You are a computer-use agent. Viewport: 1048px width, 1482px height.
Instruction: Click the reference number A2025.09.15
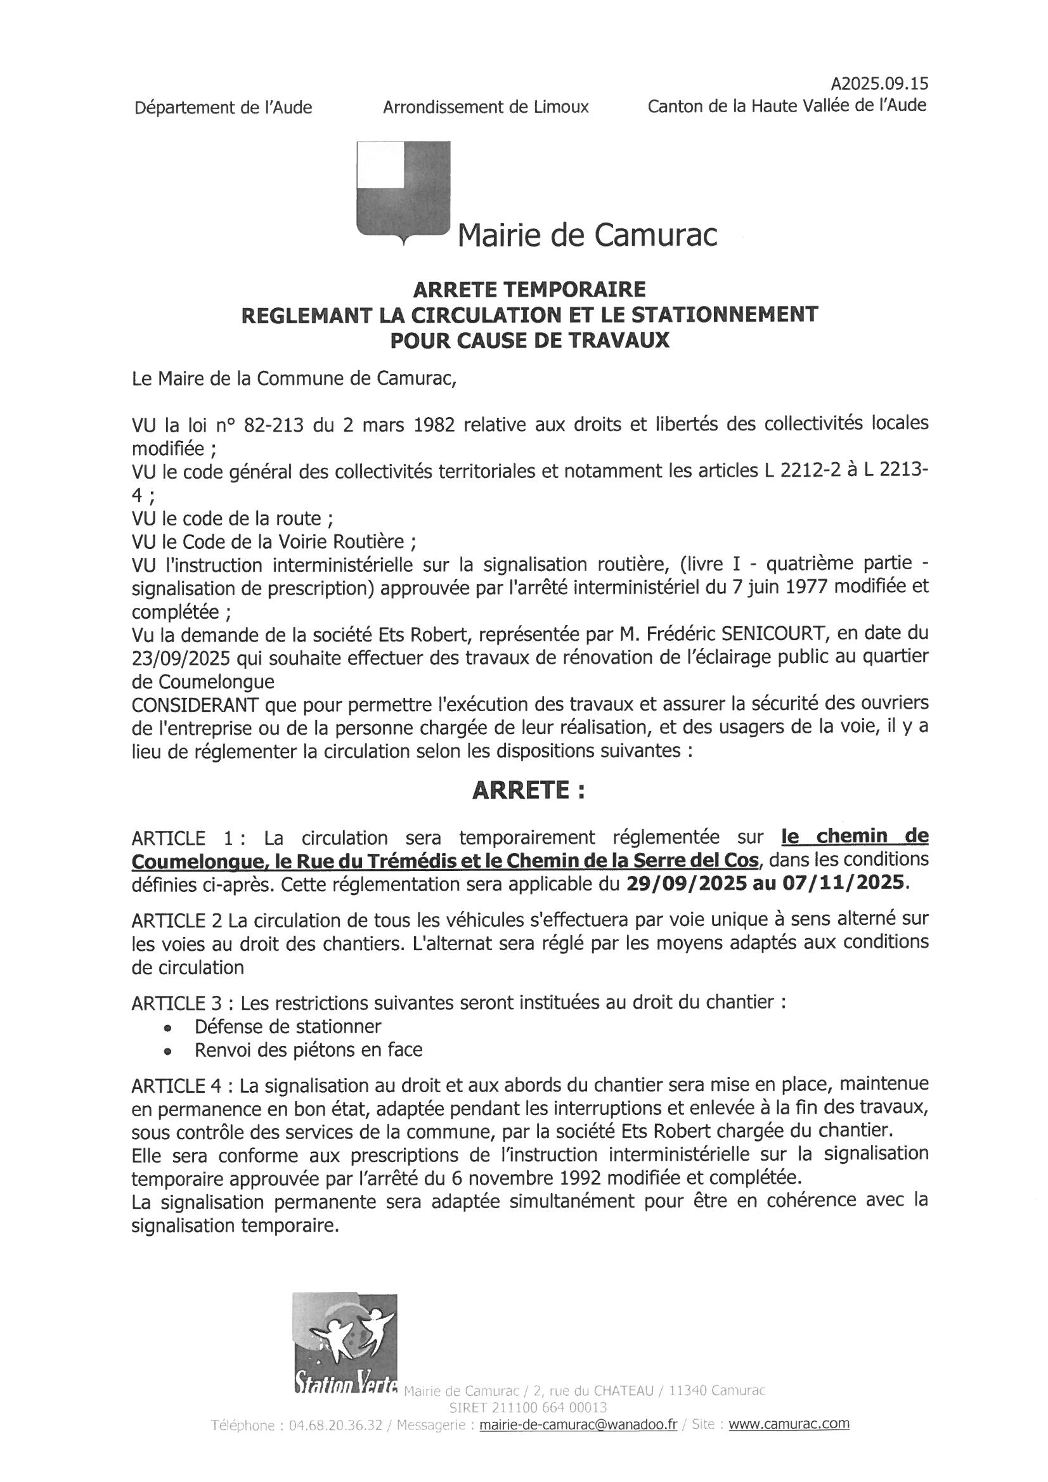point(879,84)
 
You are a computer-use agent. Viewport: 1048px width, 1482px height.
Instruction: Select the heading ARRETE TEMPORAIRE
point(529,288)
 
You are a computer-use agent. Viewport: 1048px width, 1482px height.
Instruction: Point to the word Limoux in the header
point(561,107)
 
